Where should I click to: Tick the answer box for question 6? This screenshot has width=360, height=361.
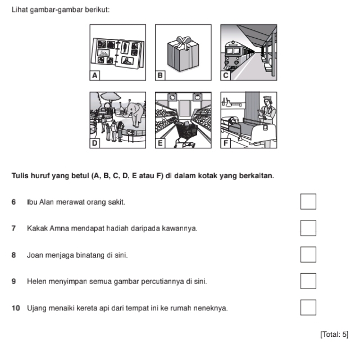click(x=308, y=201)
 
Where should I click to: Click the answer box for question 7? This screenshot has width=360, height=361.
click(x=308, y=228)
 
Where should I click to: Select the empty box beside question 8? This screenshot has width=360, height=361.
click(x=308, y=254)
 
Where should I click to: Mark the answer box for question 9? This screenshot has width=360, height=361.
click(x=308, y=281)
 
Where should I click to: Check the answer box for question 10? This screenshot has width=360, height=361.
click(x=308, y=308)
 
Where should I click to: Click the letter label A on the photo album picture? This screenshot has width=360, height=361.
click(x=95, y=75)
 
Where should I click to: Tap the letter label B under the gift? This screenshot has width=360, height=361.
click(x=160, y=75)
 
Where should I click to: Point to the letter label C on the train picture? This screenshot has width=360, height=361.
click(x=226, y=75)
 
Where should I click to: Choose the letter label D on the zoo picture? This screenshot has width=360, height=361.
click(x=95, y=143)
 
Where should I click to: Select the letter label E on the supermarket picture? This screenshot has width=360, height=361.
click(x=160, y=143)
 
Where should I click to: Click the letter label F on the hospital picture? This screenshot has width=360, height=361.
click(x=226, y=143)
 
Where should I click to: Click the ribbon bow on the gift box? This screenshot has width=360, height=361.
click(x=184, y=42)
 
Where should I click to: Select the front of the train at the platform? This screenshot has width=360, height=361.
click(x=232, y=55)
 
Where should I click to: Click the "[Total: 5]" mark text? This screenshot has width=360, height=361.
click(x=335, y=335)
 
